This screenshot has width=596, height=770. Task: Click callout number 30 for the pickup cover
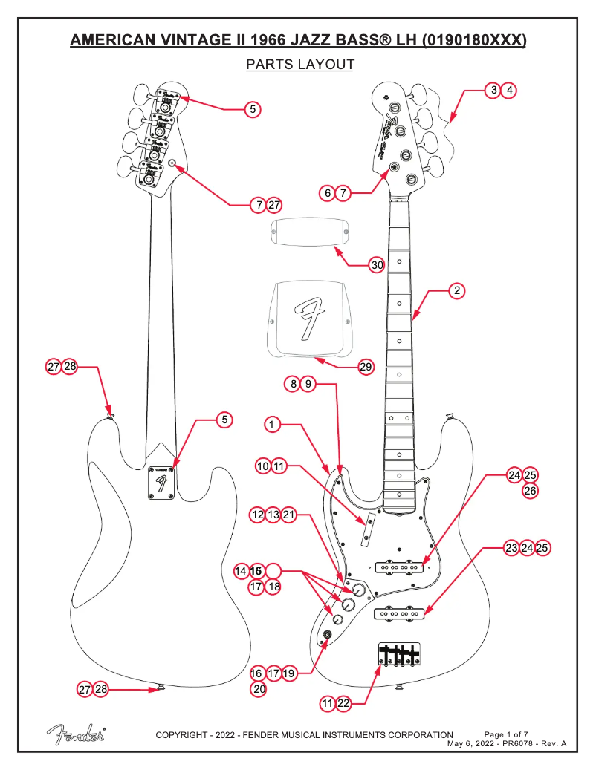click(377, 265)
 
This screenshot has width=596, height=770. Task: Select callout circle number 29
click(366, 366)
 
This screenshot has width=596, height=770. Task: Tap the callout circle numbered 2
click(458, 290)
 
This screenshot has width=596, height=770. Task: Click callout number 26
click(530, 491)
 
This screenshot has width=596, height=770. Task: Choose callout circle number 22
click(343, 702)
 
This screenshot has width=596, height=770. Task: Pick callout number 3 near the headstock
click(493, 90)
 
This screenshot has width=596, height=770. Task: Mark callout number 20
click(257, 688)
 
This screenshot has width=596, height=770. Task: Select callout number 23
click(511, 548)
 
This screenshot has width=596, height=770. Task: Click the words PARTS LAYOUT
click(299, 65)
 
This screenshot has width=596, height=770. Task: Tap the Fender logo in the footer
click(76, 733)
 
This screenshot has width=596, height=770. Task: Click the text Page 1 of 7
click(505, 734)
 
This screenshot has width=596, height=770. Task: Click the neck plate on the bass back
click(160, 483)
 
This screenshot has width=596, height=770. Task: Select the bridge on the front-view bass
click(399, 653)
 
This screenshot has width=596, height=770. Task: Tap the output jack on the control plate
click(325, 634)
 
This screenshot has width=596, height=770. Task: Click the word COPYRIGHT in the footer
click(185, 735)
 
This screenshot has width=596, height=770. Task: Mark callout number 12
click(257, 515)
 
